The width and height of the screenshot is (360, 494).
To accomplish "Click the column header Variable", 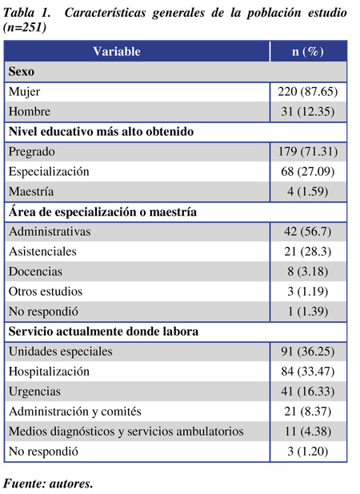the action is point(117,51).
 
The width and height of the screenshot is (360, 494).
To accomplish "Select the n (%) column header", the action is point(308,51).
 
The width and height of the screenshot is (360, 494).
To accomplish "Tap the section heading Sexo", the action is point(22,71).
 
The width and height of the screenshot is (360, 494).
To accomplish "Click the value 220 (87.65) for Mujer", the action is point(308,92).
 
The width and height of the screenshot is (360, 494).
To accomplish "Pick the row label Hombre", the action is point(30,112).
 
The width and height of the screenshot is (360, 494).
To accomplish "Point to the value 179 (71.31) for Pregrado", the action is point(308,152).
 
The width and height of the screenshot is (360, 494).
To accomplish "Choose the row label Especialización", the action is point(49,172).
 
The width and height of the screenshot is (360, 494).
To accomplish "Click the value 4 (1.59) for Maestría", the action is point(308,192).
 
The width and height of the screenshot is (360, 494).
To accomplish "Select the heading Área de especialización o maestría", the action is point(102,212).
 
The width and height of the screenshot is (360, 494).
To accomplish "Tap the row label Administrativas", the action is point(50,232).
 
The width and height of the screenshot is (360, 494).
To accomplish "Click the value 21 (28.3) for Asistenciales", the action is point(308,252).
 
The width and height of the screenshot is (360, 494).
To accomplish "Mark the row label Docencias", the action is point(35,272).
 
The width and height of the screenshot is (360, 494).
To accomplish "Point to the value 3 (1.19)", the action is point(308,292).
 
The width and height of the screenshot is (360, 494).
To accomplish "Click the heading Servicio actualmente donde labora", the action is point(103,332).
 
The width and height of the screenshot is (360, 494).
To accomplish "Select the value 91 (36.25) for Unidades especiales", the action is point(308,352).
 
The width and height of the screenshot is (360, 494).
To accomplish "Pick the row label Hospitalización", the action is point(49,372).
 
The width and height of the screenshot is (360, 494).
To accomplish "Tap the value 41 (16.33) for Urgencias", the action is point(308,392).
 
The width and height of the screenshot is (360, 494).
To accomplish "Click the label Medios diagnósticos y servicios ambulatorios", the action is point(126,432).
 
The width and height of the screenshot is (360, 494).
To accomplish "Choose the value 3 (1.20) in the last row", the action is point(308,452).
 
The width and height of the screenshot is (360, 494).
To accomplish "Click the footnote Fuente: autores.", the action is point(48,484).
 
